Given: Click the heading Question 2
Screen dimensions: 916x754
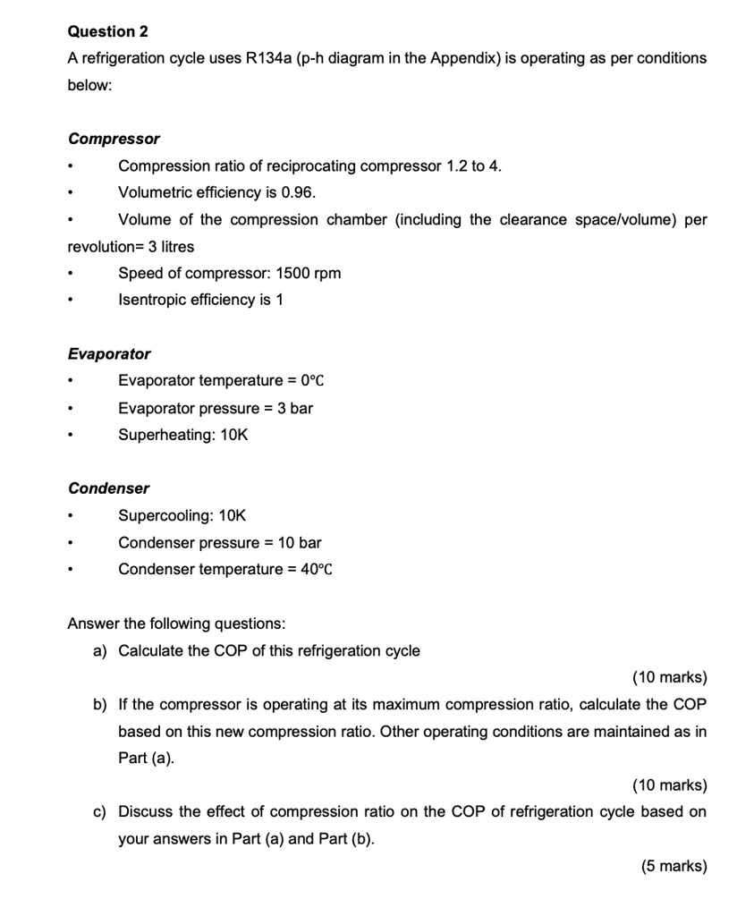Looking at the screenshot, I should coord(108,31).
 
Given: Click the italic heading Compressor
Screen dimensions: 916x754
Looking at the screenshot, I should coord(114,139).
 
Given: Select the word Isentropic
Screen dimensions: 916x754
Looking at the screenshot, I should coord(152,300).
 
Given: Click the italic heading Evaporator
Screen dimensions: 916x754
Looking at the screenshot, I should coord(109,354).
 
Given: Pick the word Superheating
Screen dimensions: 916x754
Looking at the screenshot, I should coord(164,435).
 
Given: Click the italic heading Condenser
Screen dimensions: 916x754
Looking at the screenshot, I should coord(109,488).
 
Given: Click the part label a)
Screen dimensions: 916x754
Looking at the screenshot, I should coord(99,650).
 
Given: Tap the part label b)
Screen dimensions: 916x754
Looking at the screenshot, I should coord(99,704).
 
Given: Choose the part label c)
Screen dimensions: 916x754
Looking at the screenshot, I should coord(99,811).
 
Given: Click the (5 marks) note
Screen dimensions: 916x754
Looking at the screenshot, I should coord(674,865).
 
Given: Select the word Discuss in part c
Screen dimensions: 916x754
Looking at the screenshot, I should coord(145,811).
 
